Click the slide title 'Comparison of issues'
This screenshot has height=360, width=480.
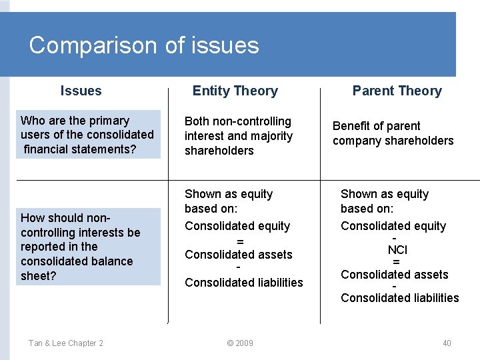click(x=144, y=45)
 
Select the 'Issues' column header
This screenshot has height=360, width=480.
click(x=81, y=91)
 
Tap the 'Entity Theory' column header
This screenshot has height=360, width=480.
click(x=235, y=91)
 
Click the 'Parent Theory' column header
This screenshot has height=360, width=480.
click(x=397, y=91)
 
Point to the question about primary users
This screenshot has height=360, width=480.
click(x=87, y=134)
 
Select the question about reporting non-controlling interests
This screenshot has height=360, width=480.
click(x=81, y=247)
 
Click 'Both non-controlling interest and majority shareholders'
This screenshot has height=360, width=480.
click(x=238, y=136)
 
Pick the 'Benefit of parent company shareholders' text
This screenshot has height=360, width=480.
click(x=393, y=133)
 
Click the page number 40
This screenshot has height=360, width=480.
click(x=447, y=343)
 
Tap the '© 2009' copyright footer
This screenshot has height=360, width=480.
click(x=239, y=343)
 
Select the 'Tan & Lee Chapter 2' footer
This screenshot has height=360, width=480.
click(x=65, y=343)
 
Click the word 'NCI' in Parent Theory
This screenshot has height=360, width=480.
click(x=397, y=250)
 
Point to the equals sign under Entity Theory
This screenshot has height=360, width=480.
click(x=240, y=241)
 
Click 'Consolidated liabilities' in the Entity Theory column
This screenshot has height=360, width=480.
click(x=243, y=283)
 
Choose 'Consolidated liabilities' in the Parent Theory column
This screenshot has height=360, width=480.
click(x=399, y=298)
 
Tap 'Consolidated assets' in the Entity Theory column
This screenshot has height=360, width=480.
click(x=238, y=255)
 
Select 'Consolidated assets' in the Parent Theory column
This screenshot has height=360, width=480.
click(x=394, y=275)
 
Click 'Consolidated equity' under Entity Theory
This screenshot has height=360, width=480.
click(x=237, y=226)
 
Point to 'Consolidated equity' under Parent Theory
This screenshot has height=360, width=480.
click(x=393, y=226)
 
